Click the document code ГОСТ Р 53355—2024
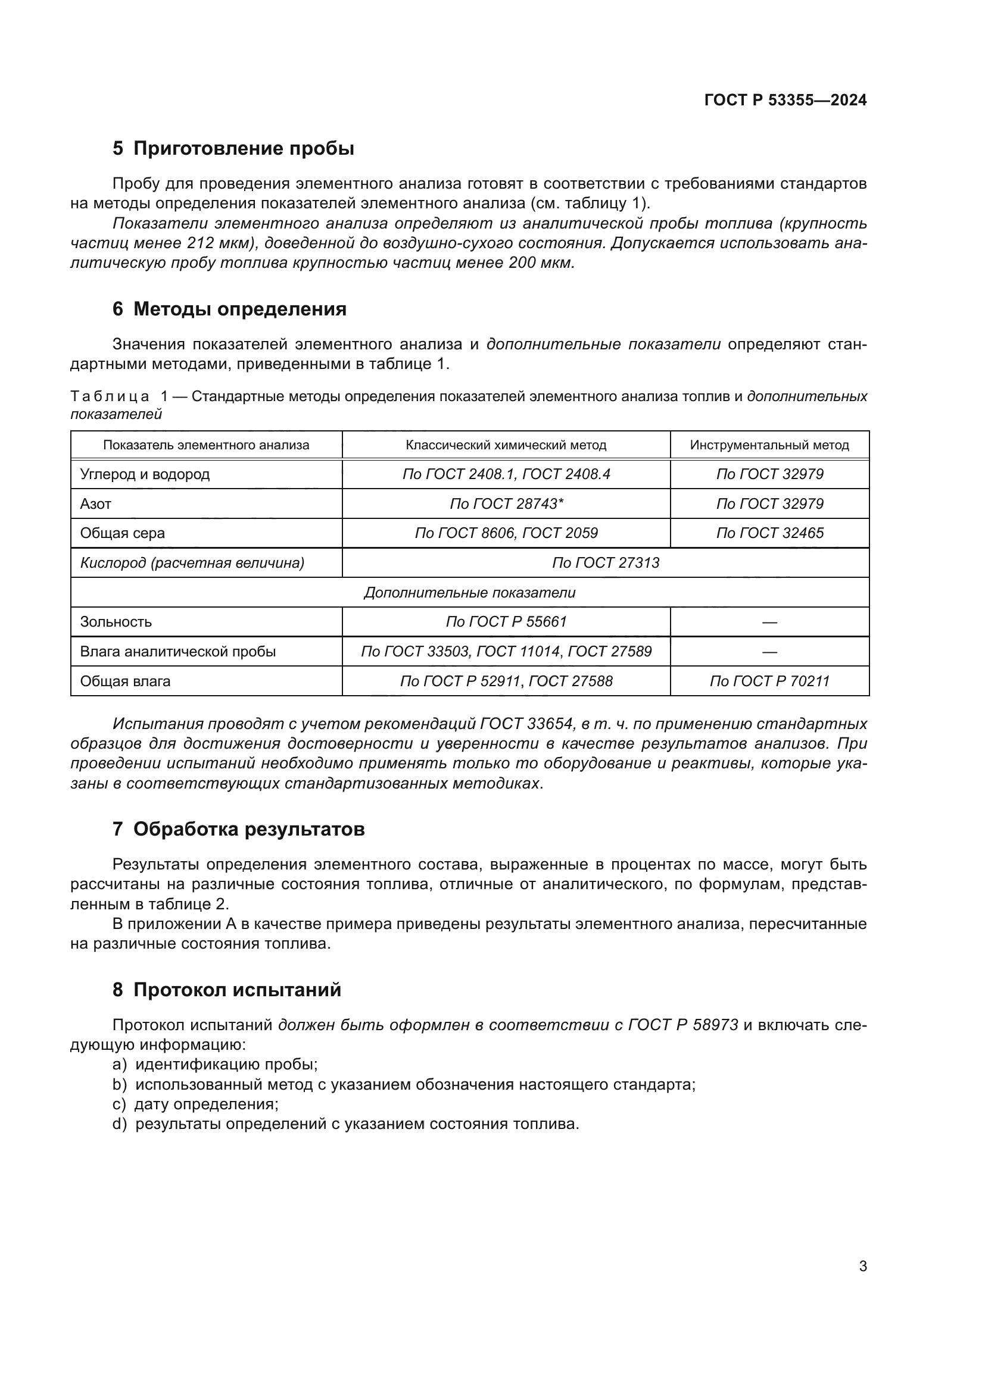coord(785,100)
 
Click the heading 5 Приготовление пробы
coord(233,149)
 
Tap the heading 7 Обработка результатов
coord(238,830)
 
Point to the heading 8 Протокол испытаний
coord(227,990)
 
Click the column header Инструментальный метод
coord(769,445)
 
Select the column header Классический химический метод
coord(506,445)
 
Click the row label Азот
coord(96,504)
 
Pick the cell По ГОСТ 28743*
coord(506,504)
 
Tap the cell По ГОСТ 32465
coord(769,533)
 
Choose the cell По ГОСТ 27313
coord(605,562)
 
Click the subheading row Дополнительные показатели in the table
coord(469,592)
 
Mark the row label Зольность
coord(116,621)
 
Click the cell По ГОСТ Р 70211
coord(769,681)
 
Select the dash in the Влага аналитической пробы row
coord(769,652)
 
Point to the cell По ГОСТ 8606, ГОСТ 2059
coord(506,533)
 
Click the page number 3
coord(862,1266)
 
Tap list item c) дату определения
coord(195,1104)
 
